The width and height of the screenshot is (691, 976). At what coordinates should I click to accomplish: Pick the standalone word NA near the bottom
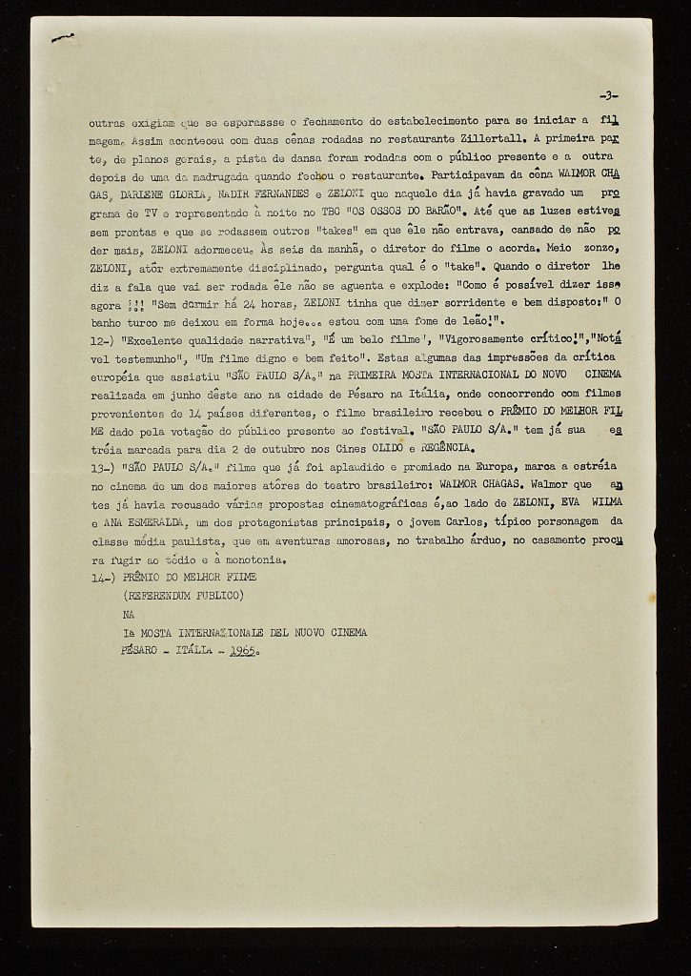(x=130, y=615)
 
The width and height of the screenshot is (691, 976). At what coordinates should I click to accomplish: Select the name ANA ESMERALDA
(x=137, y=523)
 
